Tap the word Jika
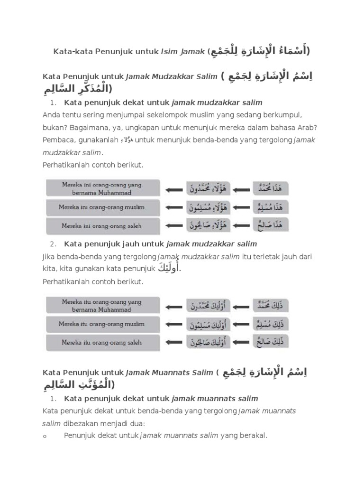point(49,257)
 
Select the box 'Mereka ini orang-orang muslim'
point(103,208)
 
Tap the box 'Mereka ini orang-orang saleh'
point(103,226)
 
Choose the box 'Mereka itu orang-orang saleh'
point(103,343)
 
